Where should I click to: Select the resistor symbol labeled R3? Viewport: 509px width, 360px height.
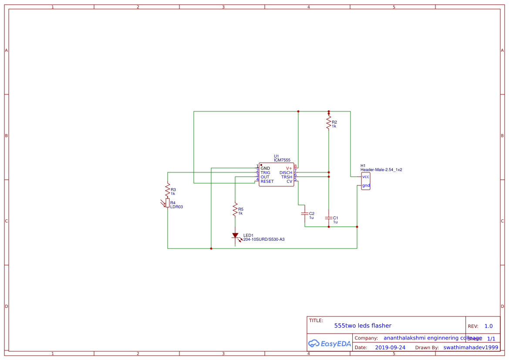pyautogui.click(x=168, y=189)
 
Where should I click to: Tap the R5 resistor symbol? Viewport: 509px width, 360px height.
pyautogui.click(x=235, y=209)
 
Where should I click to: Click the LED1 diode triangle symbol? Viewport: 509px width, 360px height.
pyautogui.click(x=235, y=236)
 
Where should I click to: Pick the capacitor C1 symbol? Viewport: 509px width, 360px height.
pyautogui.click(x=329, y=217)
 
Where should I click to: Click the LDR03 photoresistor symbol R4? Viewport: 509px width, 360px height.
pyautogui.click(x=168, y=203)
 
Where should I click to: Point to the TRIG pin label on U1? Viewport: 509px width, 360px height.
pyautogui.click(x=265, y=173)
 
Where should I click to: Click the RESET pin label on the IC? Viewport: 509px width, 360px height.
pyautogui.click(x=267, y=182)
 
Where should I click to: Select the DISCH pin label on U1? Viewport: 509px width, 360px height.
pyautogui.click(x=286, y=173)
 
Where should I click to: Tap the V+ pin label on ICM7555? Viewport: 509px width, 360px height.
pyautogui.click(x=289, y=168)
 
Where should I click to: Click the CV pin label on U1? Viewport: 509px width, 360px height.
pyautogui.click(x=289, y=182)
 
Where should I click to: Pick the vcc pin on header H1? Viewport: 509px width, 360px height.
pyautogui.click(x=366, y=176)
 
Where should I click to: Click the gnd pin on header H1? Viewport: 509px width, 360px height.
pyautogui.click(x=366, y=185)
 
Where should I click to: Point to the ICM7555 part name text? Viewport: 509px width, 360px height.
pyautogui.click(x=282, y=160)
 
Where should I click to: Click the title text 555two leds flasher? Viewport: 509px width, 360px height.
pyautogui.click(x=362, y=326)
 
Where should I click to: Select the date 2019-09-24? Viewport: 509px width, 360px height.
pyautogui.click(x=390, y=347)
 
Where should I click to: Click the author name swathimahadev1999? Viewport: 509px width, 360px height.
pyautogui.click(x=470, y=347)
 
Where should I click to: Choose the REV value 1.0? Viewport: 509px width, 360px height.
pyautogui.click(x=488, y=326)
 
